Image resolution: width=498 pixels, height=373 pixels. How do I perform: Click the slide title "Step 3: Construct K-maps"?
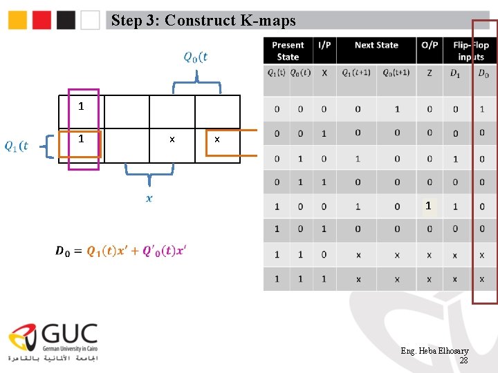[x=203, y=21]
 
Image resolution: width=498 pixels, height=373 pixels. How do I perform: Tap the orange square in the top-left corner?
[x=18, y=20]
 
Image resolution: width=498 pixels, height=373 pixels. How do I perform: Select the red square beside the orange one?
[x=42, y=20]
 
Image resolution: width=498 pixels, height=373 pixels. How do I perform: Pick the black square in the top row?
[x=66, y=20]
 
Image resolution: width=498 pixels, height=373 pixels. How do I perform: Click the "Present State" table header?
[x=288, y=50]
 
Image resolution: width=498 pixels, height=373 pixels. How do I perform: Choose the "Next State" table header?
[x=376, y=46]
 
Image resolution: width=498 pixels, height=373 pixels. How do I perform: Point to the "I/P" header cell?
[x=324, y=46]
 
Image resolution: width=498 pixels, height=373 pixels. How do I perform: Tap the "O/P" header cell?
[x=430, y=46]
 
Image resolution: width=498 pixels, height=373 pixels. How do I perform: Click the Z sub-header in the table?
[x=430, y=73]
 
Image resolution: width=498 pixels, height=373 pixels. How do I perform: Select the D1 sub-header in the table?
[x=455, y=73]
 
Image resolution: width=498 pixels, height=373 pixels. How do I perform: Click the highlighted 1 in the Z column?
[x=429, y=206]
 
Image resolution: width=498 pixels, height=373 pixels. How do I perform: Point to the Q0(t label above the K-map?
[x=196, y=57]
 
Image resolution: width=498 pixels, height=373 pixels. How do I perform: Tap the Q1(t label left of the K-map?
[x=17, y=146]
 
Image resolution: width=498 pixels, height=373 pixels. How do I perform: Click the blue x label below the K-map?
[x=149, y=199]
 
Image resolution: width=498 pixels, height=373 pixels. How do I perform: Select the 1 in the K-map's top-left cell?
[x=81, y=107]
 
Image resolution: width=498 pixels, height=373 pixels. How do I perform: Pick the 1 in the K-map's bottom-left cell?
[x=81, y=139]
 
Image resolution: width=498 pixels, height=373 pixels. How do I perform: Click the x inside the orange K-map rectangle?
[x=217, y=140]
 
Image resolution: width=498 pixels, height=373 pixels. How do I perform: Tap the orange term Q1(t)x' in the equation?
[x=113, y=251]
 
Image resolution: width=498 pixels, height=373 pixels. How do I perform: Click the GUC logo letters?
[x=70, y=336]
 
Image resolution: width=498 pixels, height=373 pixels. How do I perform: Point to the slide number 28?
[x=463, y=361]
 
